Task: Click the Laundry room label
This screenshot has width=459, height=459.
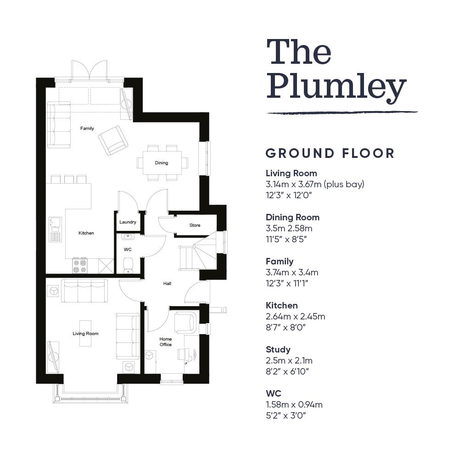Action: [x=128, y=222]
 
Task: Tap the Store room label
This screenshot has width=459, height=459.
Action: [x=195, y=225]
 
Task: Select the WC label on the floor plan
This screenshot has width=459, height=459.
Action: [x=128, y=249]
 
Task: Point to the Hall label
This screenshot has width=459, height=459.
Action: [x=167, y=283]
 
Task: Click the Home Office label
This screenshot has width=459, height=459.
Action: [x=165, y=341]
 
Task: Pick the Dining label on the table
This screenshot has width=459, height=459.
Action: [x=161, y=163]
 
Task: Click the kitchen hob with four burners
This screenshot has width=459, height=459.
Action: [x=79, y=266]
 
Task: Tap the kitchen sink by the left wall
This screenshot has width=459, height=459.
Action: [x=55, y=229]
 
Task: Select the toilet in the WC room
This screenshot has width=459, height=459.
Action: [x=128, y=265]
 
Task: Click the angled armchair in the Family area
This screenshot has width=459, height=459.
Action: [x=113, y=140]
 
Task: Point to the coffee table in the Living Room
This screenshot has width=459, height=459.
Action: [x=85, y=333]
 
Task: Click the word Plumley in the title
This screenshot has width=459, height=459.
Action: [x=336, y=86]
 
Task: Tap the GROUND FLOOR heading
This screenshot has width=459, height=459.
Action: [x=330, y=153]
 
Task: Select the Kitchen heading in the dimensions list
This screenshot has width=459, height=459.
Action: [x=282, y=305]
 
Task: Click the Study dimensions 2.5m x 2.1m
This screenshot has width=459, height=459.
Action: [x=289, y=360]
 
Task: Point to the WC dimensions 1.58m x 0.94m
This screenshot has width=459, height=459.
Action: [x=294, y=404]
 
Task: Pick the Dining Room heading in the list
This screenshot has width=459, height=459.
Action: [x=292, y=217]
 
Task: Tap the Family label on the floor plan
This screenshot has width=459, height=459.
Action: [x=87, y=128]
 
